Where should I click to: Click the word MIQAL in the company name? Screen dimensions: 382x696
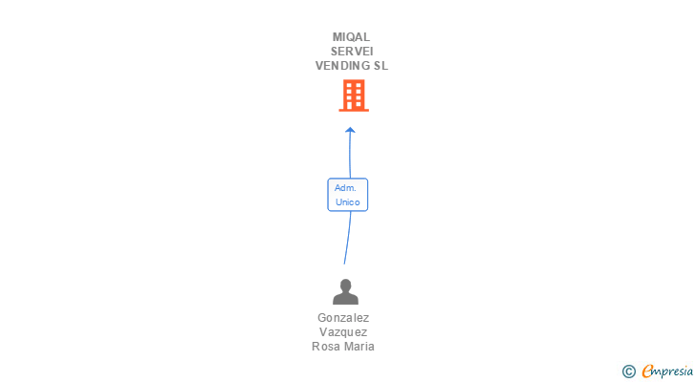(x=351, y=37)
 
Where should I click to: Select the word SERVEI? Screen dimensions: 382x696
(x=351, y=52)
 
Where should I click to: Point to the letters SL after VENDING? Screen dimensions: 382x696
(x=381, y=66)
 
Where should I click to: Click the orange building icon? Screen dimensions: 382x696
(x=354, y=95)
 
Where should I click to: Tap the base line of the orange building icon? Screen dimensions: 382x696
(x=354, y=110)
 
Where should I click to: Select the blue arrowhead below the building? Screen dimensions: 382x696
(x=351, y=130)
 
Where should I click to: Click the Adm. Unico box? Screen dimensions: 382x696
(x=347, y=195)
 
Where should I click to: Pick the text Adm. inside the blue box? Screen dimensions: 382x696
(x=345, y=188)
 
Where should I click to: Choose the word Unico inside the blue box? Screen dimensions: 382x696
(x=347, y=202)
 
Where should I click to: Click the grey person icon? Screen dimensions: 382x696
(x=344, y=291)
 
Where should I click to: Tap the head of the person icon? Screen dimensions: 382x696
(x=344, y=285)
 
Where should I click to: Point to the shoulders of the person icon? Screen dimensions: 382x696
(x=344, y=298)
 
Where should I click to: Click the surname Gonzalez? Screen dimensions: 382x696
(x=343, y=318)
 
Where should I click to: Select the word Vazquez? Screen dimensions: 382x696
(x=343, y=332)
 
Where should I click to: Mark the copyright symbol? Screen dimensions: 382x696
(x=629, y=371)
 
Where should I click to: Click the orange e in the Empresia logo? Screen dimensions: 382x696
(x=648, y=371)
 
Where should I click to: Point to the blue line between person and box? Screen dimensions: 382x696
(x=347, y=239)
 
